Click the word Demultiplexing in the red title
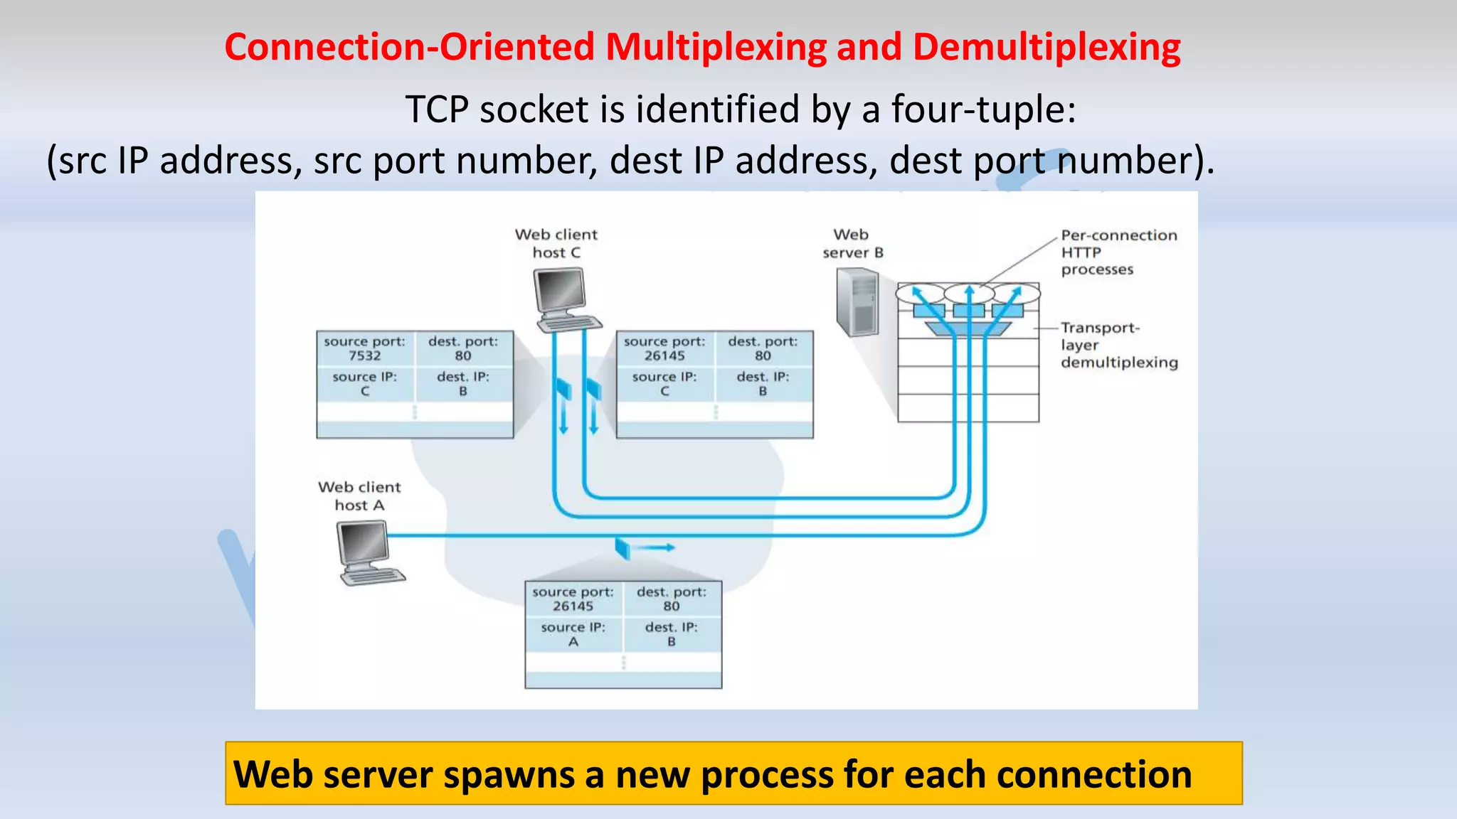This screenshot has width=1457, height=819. pos(1046,47)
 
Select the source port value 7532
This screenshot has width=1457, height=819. pos(364,355)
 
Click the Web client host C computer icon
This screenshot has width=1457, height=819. pos(566,299)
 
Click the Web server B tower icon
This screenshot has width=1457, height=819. pos(858,301)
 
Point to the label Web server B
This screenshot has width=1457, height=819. pos(852,244)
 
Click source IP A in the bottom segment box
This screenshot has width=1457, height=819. pos(573,635)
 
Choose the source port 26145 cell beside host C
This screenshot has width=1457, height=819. pos(664,349)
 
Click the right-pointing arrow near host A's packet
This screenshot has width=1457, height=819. pos(653,547)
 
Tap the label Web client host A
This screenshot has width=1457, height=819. pos(359,496)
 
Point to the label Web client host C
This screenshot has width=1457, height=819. pos(556,243)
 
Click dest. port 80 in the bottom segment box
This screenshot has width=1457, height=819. pos(671,599)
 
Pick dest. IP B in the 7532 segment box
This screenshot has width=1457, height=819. pos(462,384)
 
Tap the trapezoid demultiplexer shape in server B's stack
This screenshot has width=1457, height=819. pos(968,328)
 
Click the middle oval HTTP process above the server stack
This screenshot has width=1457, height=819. pos(968,292)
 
